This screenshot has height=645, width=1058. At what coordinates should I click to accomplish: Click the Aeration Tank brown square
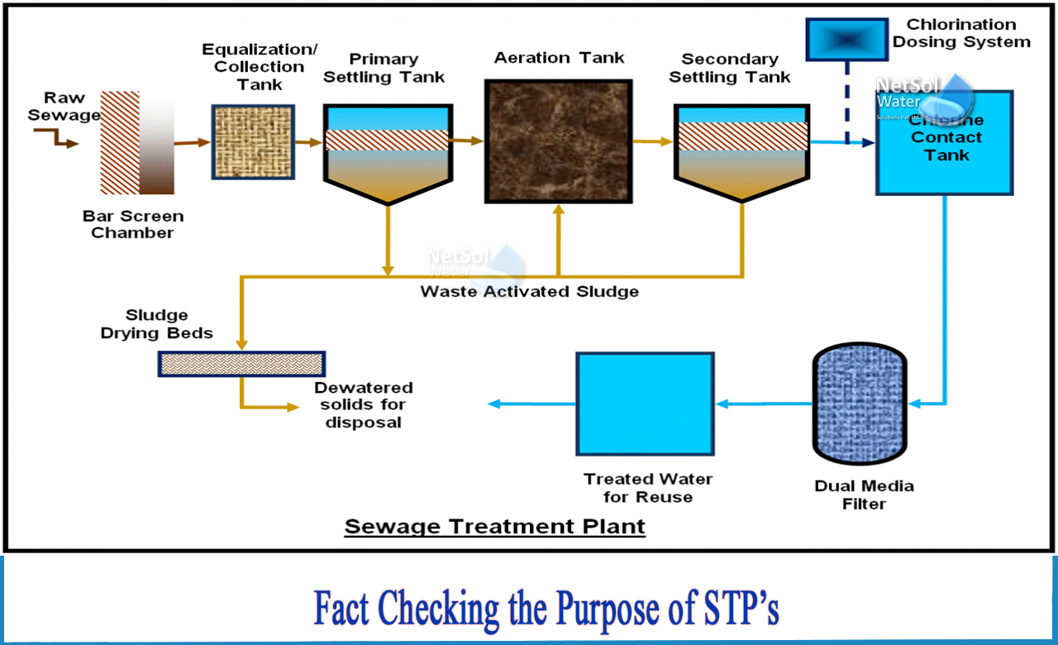pyautogui.click(x=559, y=141)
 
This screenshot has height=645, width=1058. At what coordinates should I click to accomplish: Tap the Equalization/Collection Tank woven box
pyautogui.click(x=253, y=141)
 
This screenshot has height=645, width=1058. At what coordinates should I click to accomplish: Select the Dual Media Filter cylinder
pyautogui.click(x=860, y=403)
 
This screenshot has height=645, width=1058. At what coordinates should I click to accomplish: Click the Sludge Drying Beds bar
pyautogui.click(x=241, y=364)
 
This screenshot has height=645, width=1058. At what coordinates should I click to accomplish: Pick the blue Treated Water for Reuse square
pyautogui.click(x=645, y=404)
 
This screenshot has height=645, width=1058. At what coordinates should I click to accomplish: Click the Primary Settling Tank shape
pyautogui.click(x=387, y=153)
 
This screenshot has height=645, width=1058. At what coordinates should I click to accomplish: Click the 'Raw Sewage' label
pyautogui.click(x=64, y=107)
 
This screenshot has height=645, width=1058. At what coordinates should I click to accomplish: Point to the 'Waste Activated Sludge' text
pyautogui.click(x=529, y=292)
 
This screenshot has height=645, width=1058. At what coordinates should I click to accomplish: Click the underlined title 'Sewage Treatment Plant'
pyautogui.click(x=494, y=526)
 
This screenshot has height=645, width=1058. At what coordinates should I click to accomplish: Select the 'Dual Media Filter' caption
pyautogui.click(x=864, y=494)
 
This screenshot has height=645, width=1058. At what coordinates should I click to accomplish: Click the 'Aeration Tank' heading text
pyautogui.click(x=559, y=58)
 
